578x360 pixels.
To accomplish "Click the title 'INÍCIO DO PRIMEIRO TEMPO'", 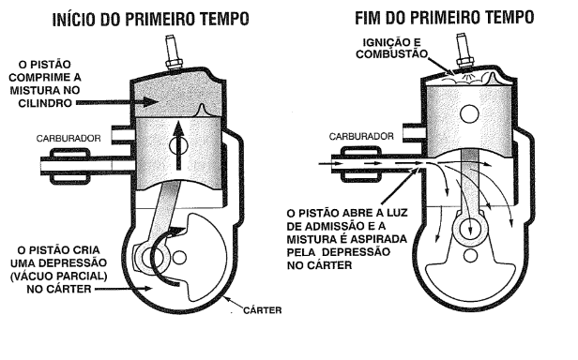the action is coord(150,19).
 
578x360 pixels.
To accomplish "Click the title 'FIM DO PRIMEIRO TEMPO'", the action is coord(444,17).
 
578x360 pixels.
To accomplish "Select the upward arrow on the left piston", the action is coord(179,145).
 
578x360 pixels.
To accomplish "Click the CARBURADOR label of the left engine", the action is coord(68,139).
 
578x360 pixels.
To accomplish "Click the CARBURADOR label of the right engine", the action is coord(361,137).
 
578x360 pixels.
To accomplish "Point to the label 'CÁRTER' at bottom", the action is coord(263,310).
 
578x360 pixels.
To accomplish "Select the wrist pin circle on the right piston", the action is coord(469,113).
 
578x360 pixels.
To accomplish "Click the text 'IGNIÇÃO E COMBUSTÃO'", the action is coord(391,48).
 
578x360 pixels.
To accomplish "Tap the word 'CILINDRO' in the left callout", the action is coord(45,103).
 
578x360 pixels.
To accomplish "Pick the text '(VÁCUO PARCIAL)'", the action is coord(58,276).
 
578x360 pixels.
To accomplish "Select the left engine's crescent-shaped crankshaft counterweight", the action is coord(206,258).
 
